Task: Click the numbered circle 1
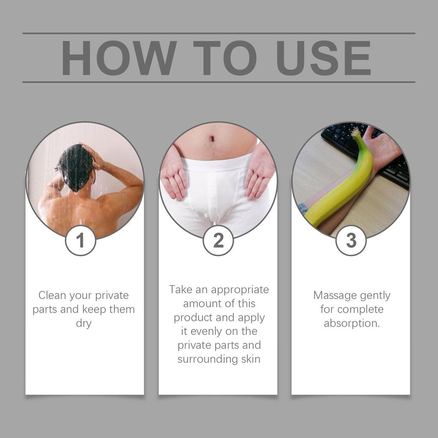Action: pyautogui.click(x=80, y=240)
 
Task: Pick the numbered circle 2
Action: pyautogui.click(x=218, y=240)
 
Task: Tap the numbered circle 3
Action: pyautogui.click(x=351, y=240)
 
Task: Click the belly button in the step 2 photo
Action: pyautogui.click(x=212, y=139)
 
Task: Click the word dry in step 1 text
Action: pyautogui.click(x=84, y=323)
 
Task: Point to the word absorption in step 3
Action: pyautogui.click(x=351, y=323)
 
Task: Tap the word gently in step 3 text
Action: pyautogui.click(x=375, y=296)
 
